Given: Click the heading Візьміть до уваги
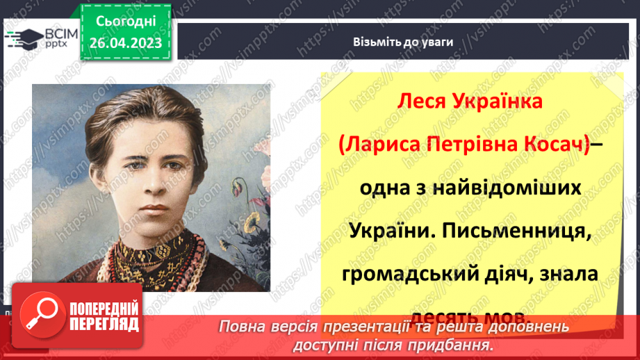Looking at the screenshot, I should pyautogui.click(x=402, y=42).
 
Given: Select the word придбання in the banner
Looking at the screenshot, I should pyautogui.click(x=450, y=345).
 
